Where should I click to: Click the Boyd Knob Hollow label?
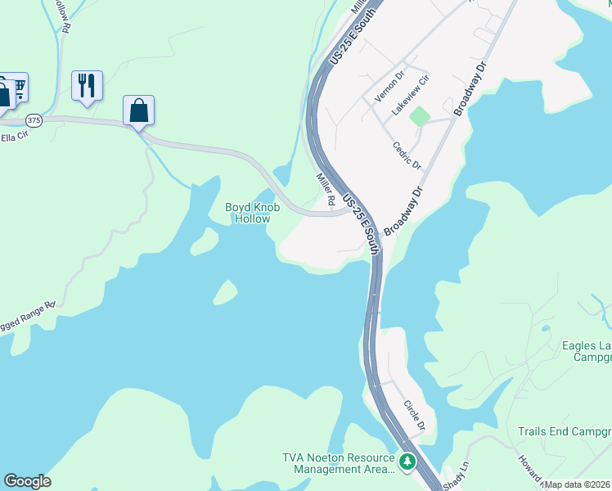[252, 213]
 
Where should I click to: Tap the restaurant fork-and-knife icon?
[87, 85]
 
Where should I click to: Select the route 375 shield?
[34, 119]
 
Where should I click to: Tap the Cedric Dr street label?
[407, 155]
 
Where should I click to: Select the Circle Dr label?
[415, 415]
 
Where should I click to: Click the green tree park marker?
[407, 463]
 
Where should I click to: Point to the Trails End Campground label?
[565, 431]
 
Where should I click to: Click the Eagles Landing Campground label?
[586, 351]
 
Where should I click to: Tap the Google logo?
[27, 481]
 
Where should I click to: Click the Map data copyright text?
[578, 484]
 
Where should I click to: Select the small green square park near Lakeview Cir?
[419, 116]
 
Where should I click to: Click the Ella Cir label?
[14, 137]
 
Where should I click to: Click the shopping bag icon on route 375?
[138, 110]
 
